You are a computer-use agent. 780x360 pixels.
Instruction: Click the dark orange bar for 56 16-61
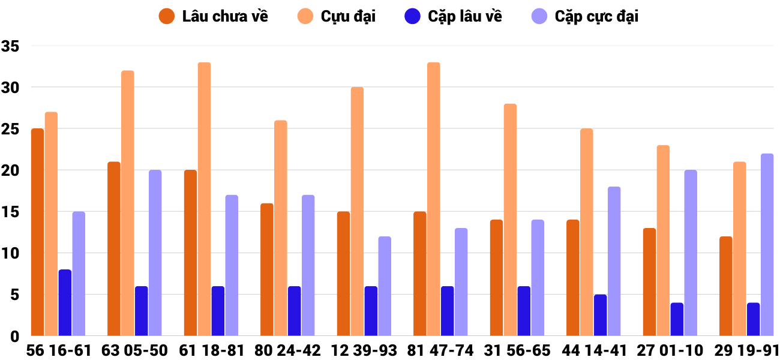coord(37,232)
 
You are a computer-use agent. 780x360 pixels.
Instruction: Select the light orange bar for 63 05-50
coord(127,203)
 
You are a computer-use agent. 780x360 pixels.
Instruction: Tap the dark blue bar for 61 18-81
coord(218,311)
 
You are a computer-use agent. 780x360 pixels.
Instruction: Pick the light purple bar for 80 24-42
coord(308,265)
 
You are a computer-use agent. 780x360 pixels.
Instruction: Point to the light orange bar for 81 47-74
coord(433,199)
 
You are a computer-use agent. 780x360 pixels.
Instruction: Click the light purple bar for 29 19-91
coord(767,245)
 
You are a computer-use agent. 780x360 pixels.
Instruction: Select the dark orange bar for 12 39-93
coord(343,274)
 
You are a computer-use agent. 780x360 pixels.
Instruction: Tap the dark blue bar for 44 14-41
coord(600,315)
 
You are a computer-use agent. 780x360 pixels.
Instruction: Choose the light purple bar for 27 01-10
coord(691,253)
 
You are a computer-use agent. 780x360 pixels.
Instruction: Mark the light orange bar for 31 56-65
coord(510,220)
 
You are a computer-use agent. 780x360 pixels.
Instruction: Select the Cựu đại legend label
coord(348,16)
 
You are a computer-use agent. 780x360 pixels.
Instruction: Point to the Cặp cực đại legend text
coord(596,16)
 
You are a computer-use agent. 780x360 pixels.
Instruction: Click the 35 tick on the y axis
coord(11,46)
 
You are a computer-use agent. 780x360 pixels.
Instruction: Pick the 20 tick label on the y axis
coord(11,170)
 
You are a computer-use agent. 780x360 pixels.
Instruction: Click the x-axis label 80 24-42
coord(288,350)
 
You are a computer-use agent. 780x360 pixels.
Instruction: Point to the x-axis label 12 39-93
coord(364,350)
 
